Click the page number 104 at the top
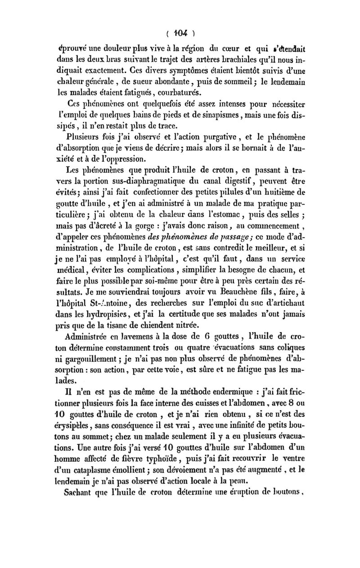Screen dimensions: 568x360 pos(180,33)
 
